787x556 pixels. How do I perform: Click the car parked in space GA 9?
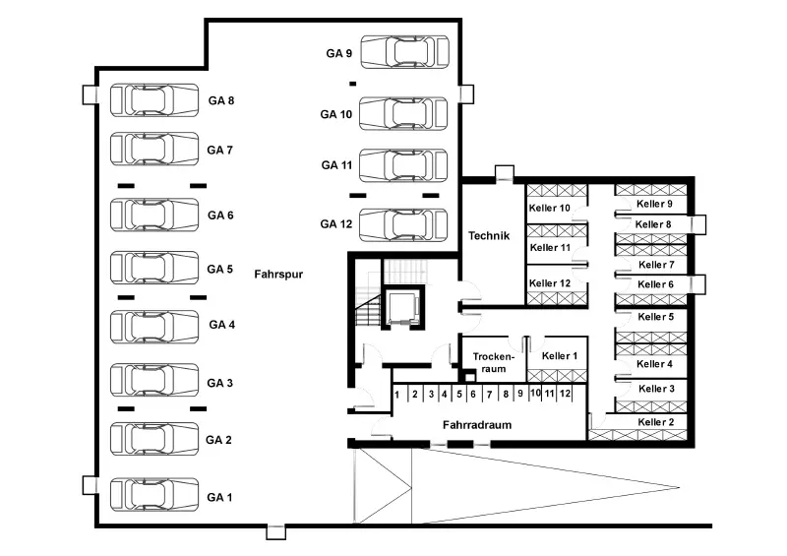click(x=404, y=52)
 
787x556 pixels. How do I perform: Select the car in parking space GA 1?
click(x=154, y=494)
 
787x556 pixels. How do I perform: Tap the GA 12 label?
click(x=336, y=224)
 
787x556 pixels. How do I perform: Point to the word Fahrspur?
click(x=278, y=275)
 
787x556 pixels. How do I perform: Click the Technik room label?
click(x=489, y=235)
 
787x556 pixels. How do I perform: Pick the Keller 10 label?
click(x=550, y=208)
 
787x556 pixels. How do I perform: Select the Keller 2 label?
click(x=656, y=422)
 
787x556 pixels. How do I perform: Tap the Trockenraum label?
click(x=494, y=363)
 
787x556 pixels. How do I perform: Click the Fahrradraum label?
click(x=477, y=425)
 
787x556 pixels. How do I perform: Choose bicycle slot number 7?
click(x=489, y=395)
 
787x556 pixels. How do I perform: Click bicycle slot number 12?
click(x=565, y=394)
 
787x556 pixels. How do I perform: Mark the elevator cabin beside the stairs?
click(x=403, y=307)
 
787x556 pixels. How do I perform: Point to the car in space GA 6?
click(x=154, y=215)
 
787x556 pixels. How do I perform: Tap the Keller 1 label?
click(x=560, y=356)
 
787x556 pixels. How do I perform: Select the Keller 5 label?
click(x=656, y=317)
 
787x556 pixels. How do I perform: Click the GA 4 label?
click(x=222, y=325)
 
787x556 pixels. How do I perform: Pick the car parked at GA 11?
click(x=403, y=165)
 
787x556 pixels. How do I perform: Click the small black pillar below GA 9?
click(x=353, y=84)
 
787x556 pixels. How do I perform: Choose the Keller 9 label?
click(x=654, y=204)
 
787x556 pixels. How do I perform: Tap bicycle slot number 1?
click(x=397, y=395)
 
